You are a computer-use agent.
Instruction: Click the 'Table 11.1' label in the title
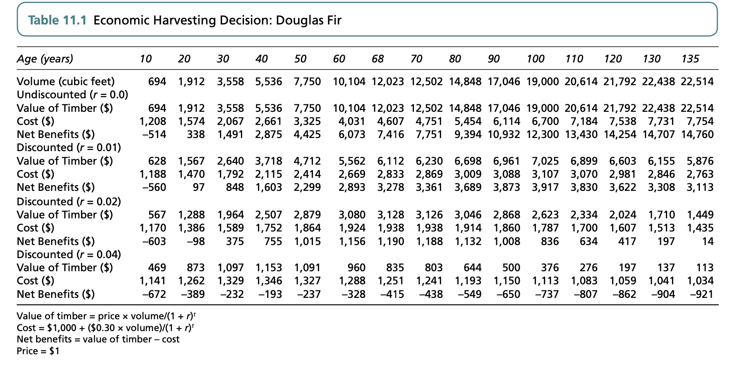coord(57,20)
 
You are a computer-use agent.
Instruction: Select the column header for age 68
coord(377,59)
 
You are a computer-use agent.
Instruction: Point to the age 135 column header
coord(690,59)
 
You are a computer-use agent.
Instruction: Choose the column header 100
coord(536,59)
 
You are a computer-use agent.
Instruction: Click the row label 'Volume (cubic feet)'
coord(66,81)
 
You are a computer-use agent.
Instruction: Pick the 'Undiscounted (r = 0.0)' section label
coord(72,95)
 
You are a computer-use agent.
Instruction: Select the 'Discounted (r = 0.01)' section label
coord(69,148)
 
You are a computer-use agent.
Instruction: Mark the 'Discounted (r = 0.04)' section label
coord(69,254)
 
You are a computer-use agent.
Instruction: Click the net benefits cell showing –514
coord(154,135)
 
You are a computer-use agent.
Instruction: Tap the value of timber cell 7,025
coord(545,161)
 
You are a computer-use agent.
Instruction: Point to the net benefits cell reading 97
coord(198,187)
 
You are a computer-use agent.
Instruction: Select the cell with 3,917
coord(545,187)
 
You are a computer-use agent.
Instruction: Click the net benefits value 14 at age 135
coord(708,241)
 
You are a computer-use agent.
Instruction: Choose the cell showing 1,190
coord(391,241)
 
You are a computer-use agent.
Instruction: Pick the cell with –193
coord(270,294)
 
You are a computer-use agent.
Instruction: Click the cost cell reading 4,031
coord(352,121)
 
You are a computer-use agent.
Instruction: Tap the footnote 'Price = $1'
coord(38,351)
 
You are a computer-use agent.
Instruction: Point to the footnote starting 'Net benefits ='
coord(98,339)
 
